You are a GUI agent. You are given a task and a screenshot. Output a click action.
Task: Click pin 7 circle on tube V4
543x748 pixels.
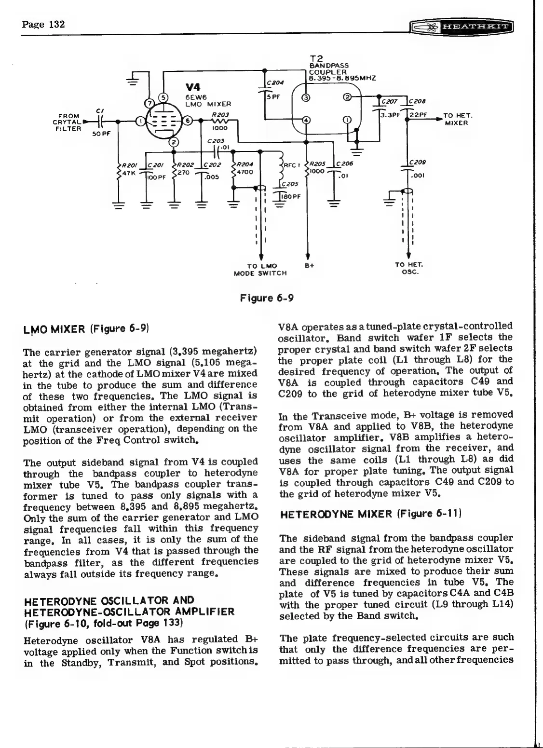tap(149, 103)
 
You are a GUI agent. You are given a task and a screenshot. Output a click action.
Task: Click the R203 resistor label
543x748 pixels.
tap(219, 114)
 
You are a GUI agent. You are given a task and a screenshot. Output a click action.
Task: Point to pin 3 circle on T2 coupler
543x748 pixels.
tap(305, 99)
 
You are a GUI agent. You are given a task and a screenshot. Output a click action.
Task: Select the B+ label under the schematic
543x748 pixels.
tap(309, 266)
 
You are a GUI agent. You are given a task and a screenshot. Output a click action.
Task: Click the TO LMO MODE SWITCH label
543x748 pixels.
tap(260, 270)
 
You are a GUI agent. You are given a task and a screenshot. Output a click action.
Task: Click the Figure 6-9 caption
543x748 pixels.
tap(267, 298)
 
